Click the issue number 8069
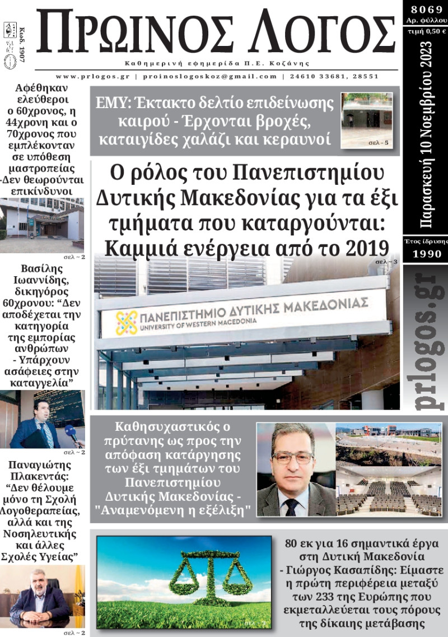[426, 8]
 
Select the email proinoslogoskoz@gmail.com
[207, 76]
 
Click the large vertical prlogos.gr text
[425, 341]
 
